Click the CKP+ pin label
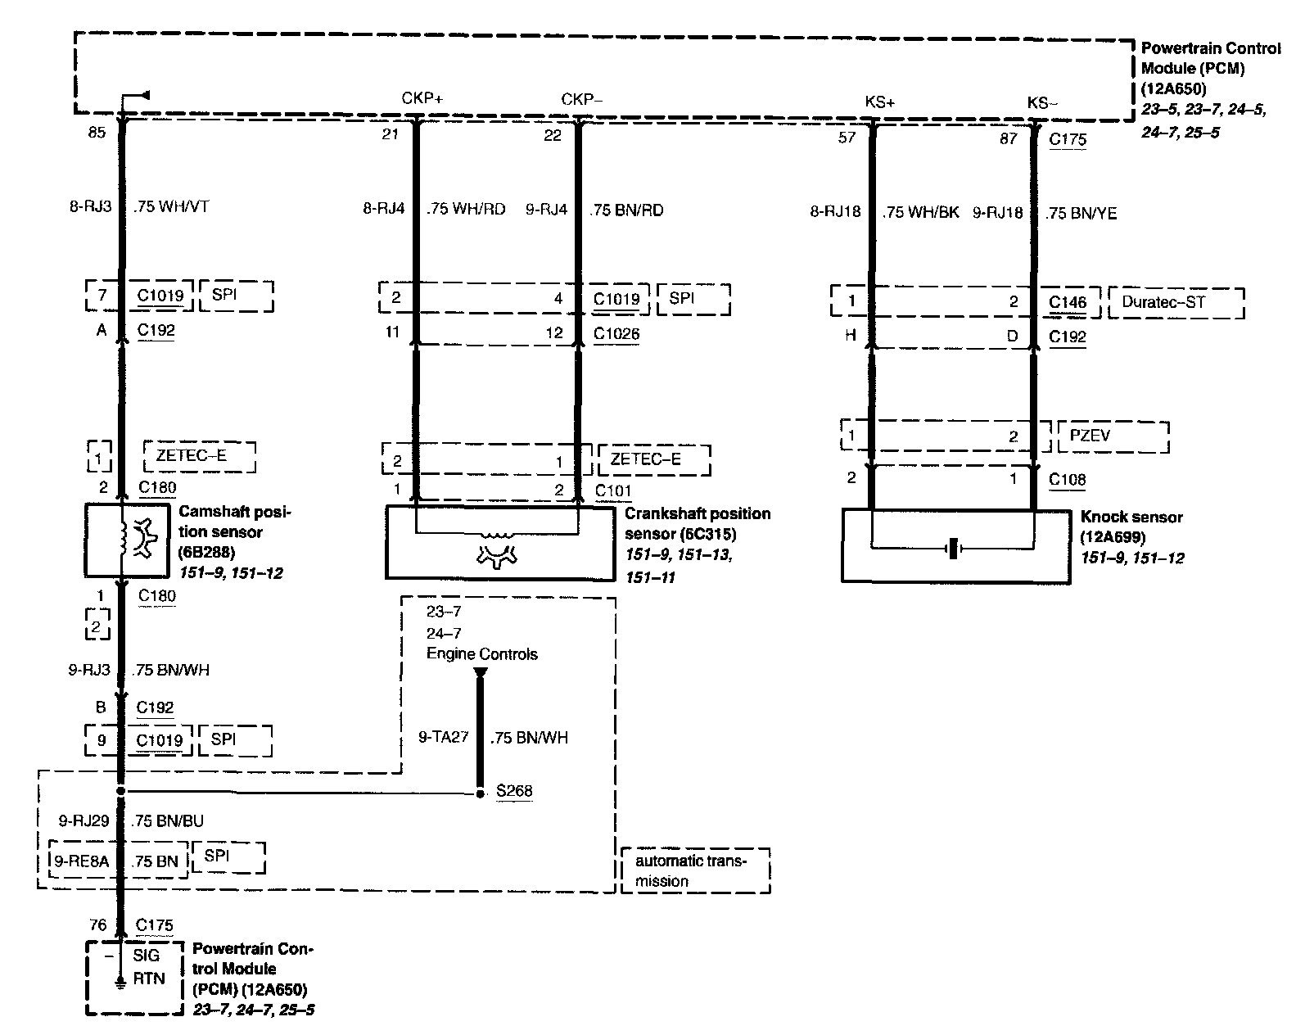[x=422, y=98]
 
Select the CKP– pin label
[x=581, y=99]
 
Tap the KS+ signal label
[x=880, y=102]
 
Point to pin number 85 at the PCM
[x=97, y=133]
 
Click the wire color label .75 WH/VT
[x=171, y=206]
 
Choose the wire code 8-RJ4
[x=384, y=209]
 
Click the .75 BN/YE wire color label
[x=1081, y=213]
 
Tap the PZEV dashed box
[x=1112, y=436]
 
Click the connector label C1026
[x=616, y=334]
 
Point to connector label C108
[x=1068, y=480]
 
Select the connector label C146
[x=1068, y=303]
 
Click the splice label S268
[x=514, y=791]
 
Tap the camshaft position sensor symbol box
[x=123, y=540]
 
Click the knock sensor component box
[x=955, y=546]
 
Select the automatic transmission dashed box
[x=695, y=870]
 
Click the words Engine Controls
[x=482, y=654]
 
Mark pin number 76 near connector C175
[x=97, y=925]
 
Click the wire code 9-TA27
[x=443, y=737]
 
